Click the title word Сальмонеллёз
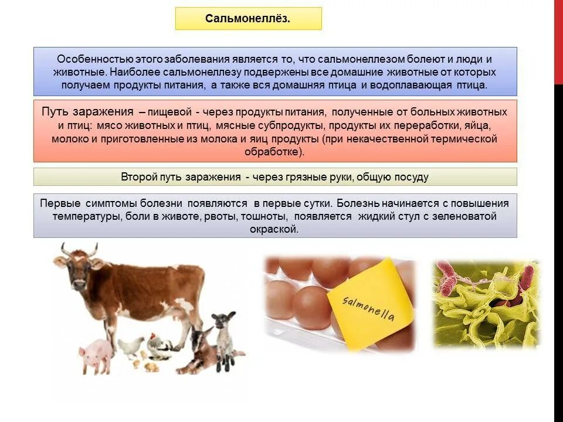pos(248,19)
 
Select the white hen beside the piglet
pos(130,346)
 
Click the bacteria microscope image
pos(486,304)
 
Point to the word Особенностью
pos(95,59)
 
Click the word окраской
pos(275,229)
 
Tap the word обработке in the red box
pos(274,151)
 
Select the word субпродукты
pos(297,125)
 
